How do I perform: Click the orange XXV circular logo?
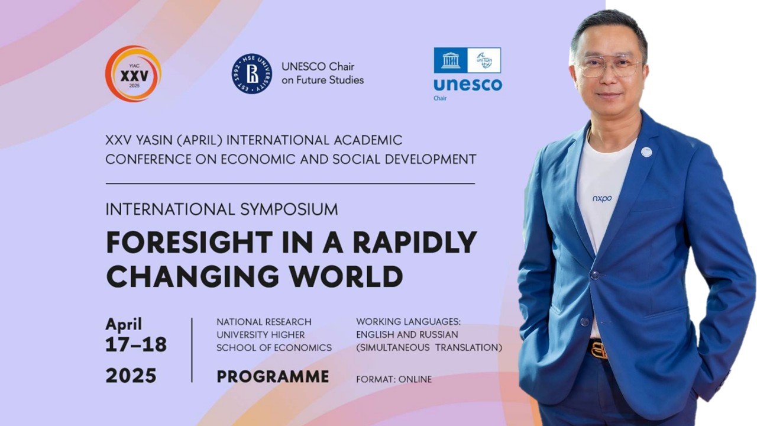click(x=133, y=74)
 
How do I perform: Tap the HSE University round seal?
click(x=252, y=73)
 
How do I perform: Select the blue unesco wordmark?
click(x=467, y=85)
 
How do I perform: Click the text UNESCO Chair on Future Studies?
click(x=322, y=73)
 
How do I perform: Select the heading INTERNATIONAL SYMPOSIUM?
click(x=222, y=209)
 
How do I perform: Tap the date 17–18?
click(x=136, y=345)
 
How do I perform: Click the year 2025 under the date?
click(x=131, y=376)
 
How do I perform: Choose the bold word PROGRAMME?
click(x=273, y=377)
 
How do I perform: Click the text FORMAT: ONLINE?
click(x=394, y=379)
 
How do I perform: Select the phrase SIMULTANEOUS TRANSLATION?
click(x=429, y=348)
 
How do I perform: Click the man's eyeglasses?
click(x=609, y=66)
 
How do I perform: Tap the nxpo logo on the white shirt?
click(x=602, y=199)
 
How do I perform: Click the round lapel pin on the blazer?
click(x=646, y=152)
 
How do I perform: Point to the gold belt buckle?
click(x=598, y=350)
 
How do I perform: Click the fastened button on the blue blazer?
click(x=594, y=275)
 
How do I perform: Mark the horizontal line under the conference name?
click(x=290, y=183)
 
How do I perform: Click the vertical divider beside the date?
click(x=192, y=350)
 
